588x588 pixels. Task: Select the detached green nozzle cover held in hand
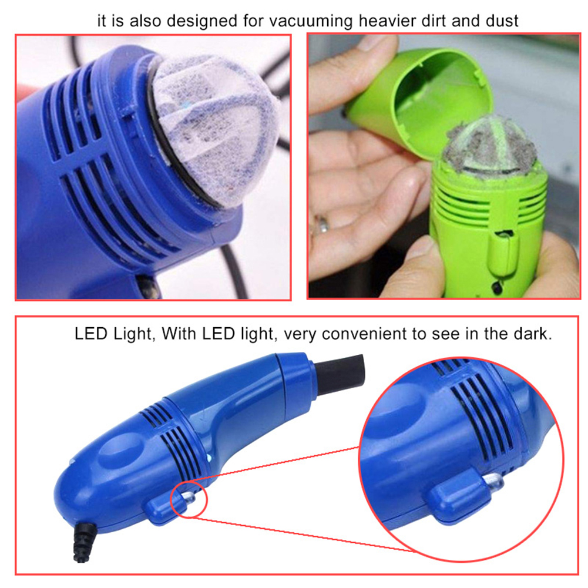click(423, 94)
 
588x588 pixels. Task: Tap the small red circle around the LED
click(189, 499)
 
